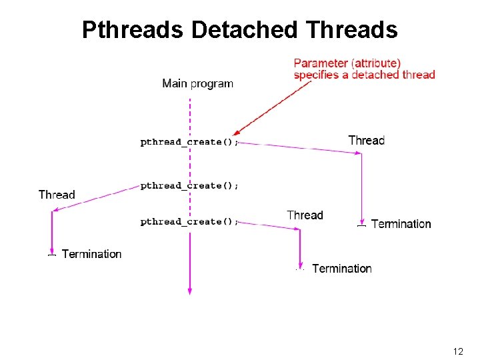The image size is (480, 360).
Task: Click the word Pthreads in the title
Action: pos(133,30)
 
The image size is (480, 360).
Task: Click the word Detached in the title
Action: pos(244,30)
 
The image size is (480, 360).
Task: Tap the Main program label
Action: pos(197,83)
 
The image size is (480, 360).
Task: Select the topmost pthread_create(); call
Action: pos(189,142)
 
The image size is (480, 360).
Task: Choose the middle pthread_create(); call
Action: pos(189,186)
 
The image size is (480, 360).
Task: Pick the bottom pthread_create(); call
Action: pos(189,222)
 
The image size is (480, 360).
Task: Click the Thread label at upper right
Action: pos(367,140)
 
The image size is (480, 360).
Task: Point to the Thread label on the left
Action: pos(57,195)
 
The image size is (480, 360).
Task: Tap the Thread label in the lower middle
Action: pos(305,215)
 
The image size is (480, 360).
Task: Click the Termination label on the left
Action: pos(91,254)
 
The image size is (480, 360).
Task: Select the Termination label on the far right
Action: pos(401,224)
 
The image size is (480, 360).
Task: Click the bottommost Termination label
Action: pos(341,269)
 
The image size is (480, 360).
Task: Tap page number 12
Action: pos(458,351)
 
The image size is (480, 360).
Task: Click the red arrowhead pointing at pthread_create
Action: pos(237,133)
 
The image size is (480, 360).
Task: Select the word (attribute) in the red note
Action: pos(377,63)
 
